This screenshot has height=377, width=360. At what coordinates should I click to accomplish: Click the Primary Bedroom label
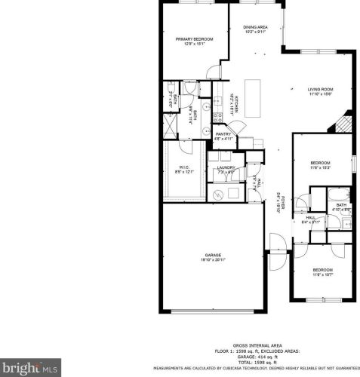194,38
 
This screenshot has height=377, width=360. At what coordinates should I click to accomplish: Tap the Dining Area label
255,27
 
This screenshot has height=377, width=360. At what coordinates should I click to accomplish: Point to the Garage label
214,255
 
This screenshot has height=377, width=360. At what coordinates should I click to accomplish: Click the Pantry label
223,134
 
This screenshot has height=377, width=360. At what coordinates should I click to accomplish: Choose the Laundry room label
226,167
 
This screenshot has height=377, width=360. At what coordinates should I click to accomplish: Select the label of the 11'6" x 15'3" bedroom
321,163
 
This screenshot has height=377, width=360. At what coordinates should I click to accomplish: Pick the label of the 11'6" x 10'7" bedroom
322,269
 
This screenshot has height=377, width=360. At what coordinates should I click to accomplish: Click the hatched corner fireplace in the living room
346,121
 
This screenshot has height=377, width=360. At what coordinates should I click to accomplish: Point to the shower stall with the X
171,125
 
